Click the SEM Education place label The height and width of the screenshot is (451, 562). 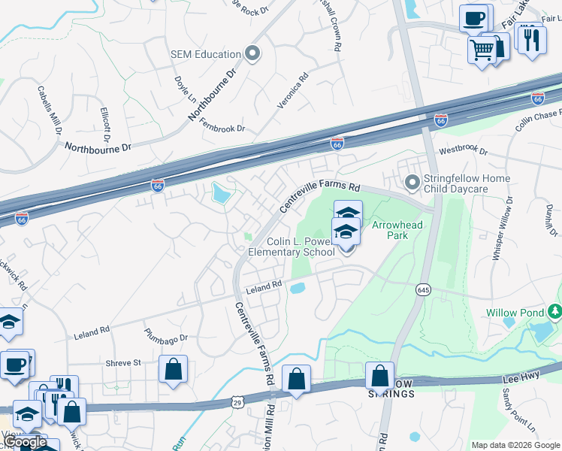click(205, 54)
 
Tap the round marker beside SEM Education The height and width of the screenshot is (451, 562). click(252, 54)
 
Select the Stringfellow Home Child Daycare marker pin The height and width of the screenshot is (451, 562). click(412, 183)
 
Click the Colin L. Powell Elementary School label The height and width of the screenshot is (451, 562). click(301, 247)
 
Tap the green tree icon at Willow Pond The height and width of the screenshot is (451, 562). click(554, 310)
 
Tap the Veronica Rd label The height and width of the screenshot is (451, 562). click(293, 90)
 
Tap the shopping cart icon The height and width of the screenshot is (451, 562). click(482, 50)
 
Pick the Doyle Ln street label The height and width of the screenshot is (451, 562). click(185, 89)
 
